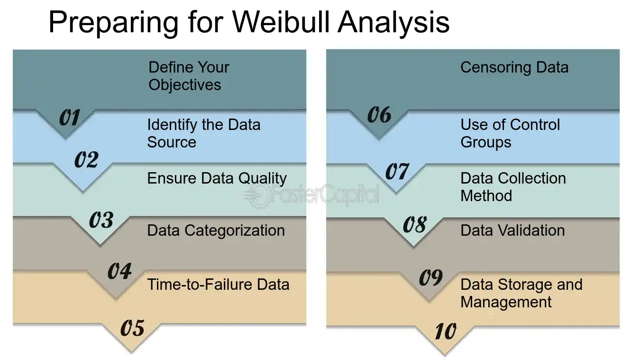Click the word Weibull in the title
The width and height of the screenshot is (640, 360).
click(x=281, y=22)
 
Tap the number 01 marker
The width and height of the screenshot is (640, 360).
click(x=69, y=117)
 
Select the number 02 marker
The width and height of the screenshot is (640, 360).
click(x=87, y=159)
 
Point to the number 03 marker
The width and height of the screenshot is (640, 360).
click(x=101, y=220)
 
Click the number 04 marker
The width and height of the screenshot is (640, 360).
click(x=120, y=271)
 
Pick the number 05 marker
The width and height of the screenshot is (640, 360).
click(x=133, y=327)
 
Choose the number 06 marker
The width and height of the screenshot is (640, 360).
click(x=379, y=114)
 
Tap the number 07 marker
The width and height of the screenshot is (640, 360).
click(x=397, y=171)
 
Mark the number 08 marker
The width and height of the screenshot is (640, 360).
click(x=415, y=224)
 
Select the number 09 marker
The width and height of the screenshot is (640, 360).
click(x=431, y=277)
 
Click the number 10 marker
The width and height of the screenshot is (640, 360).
click(x=446, y=331)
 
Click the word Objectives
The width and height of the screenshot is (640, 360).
click(x=185, y=85)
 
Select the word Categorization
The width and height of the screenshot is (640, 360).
click(x=235, y=231)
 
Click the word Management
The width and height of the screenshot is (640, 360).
click(x=506, y=303)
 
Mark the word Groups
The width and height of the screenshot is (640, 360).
click(x=486, y=142)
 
